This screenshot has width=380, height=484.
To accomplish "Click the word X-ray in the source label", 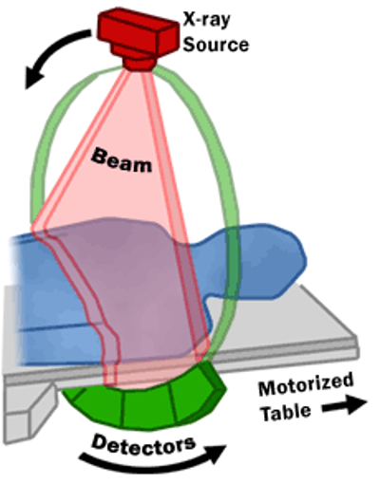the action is click(207, 20).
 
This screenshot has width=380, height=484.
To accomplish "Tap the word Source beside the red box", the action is click(216, 45).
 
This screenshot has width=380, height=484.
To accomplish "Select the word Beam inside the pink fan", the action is click(122, 160).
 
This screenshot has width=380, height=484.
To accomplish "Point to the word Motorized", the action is click(306, 383).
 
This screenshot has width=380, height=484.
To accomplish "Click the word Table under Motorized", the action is click(287, 412).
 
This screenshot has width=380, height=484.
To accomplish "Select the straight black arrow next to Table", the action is click(345, 404).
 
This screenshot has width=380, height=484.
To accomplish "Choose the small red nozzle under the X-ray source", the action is click(139, 64).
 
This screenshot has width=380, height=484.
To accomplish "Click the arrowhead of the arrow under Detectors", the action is click(216, 455).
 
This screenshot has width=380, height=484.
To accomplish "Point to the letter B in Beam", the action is click(98, 156).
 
